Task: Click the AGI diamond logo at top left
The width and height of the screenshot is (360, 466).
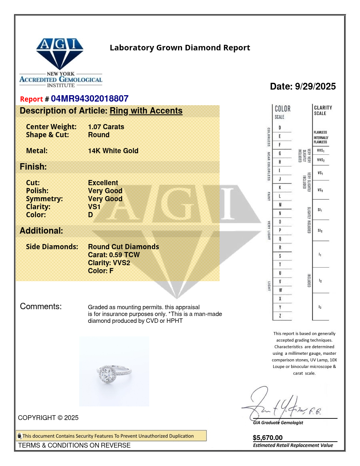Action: pos(60,54)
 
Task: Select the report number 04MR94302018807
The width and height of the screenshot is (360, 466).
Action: pos(90,99)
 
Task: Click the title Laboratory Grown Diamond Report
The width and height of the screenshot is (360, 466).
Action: pos(180,48)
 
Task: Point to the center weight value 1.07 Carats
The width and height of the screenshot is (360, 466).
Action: pos(106,127)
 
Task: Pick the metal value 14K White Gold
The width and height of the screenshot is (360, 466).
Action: pos(113,151)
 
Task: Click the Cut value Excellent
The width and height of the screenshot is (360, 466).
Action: pos(103,183)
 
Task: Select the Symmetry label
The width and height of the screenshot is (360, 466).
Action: pos(44,199)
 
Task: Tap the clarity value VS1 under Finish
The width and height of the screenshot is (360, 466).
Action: pos(94,207)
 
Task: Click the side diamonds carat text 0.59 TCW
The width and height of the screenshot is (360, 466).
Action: pos(114,255)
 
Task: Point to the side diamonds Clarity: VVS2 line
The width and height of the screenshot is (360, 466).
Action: pos(109,263)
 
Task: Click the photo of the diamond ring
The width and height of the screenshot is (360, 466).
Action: pos(114,371)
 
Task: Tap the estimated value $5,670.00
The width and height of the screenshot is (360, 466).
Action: pos(268,438)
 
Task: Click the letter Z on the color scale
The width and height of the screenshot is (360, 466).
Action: pos(280,316)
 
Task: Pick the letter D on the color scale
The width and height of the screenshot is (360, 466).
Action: pos(280,128)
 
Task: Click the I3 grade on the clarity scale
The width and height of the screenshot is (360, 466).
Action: pos(320,307)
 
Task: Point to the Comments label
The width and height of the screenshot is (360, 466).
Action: pos(41,307)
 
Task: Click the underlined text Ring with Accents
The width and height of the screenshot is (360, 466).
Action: pos(146,111)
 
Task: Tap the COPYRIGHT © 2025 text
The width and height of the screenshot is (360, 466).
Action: pos(48,418)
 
